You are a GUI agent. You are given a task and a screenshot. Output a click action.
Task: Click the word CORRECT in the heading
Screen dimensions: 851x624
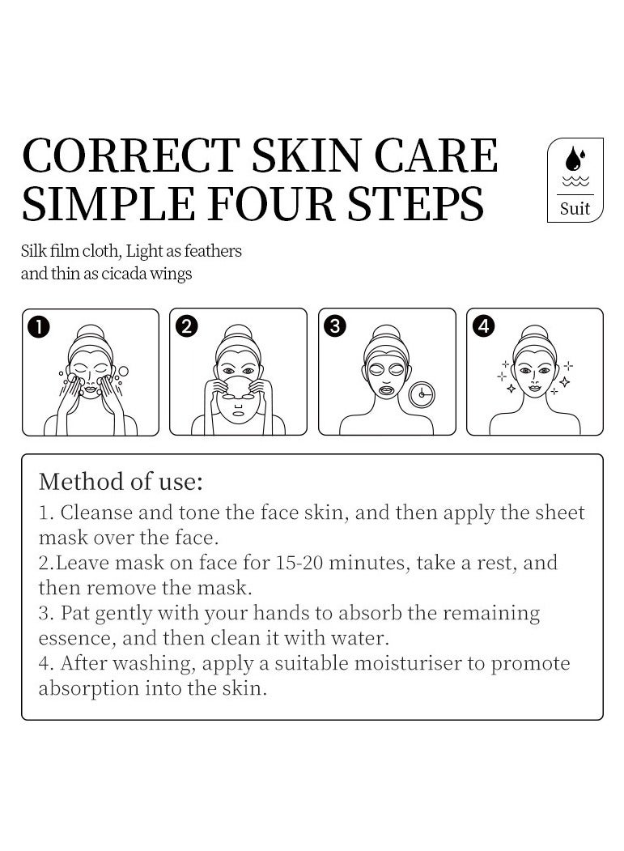tap(131, 156)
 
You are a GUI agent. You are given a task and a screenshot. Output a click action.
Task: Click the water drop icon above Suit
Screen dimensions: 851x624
tap(575, 158)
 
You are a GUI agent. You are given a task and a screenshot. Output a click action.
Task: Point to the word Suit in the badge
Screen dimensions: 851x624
tap(575, 208)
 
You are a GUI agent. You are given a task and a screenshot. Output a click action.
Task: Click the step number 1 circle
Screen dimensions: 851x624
tap(38, 326)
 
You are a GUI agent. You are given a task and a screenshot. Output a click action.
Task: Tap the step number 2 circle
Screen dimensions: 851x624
tap(186, 326)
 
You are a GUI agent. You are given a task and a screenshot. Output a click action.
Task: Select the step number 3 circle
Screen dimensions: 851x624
tap(334, 326)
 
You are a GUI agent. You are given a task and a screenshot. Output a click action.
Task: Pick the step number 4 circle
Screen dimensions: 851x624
tap(483, 326)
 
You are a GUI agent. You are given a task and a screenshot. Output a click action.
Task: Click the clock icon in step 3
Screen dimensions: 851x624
tap(421, 394)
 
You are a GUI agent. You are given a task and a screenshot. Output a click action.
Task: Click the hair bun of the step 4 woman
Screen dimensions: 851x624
tap(535, 332)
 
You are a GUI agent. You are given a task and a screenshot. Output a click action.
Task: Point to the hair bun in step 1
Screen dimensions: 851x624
tap(90, 332)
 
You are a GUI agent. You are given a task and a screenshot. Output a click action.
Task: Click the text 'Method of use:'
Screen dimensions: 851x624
tap(121, 482)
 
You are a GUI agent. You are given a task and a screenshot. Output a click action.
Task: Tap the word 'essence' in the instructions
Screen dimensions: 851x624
tap(74, 639)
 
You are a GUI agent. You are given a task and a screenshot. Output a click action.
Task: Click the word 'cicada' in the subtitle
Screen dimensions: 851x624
tap(125, 274)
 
